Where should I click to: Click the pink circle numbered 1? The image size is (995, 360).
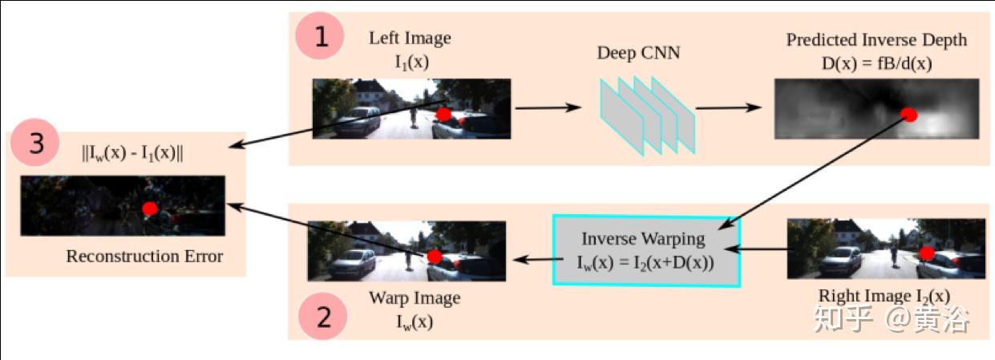pyautogui.click(x=321, y=37)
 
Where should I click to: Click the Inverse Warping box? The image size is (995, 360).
pyautogui.click(x=645, y=250)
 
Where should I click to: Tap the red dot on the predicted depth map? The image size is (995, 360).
pyautogui.click(x=909, y=115)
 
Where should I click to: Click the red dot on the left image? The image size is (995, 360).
pyautogui.click(x=443, y=115)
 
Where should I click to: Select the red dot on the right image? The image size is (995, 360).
pyautogui.click(x=927, y=254)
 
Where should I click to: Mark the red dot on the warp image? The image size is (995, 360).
pyautogui.click(x=435, y=257)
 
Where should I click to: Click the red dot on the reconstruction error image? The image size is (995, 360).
pyautogui.click(x=149, y=209)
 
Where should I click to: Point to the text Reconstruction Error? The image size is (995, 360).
pyautogui.click(x=144, y=257)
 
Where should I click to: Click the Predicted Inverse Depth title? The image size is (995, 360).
pyautogui.click(x=876, y=40)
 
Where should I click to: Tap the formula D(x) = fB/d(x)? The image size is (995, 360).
pyautogui.click(x=876, y=61)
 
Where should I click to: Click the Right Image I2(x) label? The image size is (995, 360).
pyautogui.click(x=884, y=295)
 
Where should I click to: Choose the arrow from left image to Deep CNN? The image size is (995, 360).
pyautogui.click(x=548, y=107)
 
